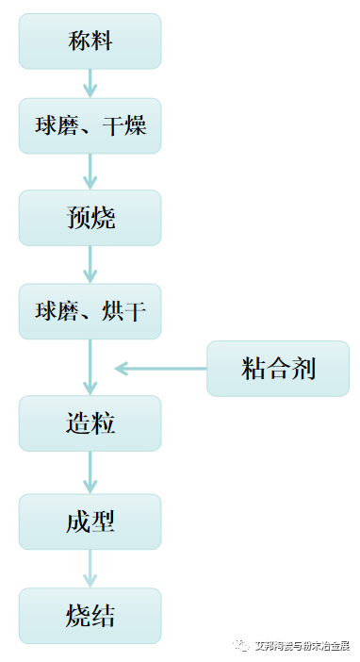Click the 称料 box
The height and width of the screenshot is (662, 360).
point(90,41)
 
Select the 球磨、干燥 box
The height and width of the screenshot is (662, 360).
point(90,125)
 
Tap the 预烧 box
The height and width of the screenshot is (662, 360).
point(90,218)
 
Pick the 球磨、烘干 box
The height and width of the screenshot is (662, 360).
point(90,311)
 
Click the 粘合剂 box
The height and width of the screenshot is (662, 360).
point(278,368)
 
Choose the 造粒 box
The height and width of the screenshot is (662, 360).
point(90,422)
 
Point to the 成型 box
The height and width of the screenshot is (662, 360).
point(90,521)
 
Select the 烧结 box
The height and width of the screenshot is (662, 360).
point(90,616)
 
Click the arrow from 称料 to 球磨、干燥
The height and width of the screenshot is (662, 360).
point(90,83)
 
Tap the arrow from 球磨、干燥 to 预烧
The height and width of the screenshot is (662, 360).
point(90,172)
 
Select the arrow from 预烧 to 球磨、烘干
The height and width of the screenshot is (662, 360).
point(90,264)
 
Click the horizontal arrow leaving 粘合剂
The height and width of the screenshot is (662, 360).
point(160,368)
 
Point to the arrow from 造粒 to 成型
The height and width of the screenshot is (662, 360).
point(90,472)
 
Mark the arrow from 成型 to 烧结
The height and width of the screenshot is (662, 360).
point(90,569)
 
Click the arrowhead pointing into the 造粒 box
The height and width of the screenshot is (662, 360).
point(90,387)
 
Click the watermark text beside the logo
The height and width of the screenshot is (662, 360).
point(302,646)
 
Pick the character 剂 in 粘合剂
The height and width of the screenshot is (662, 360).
point(303,368)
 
